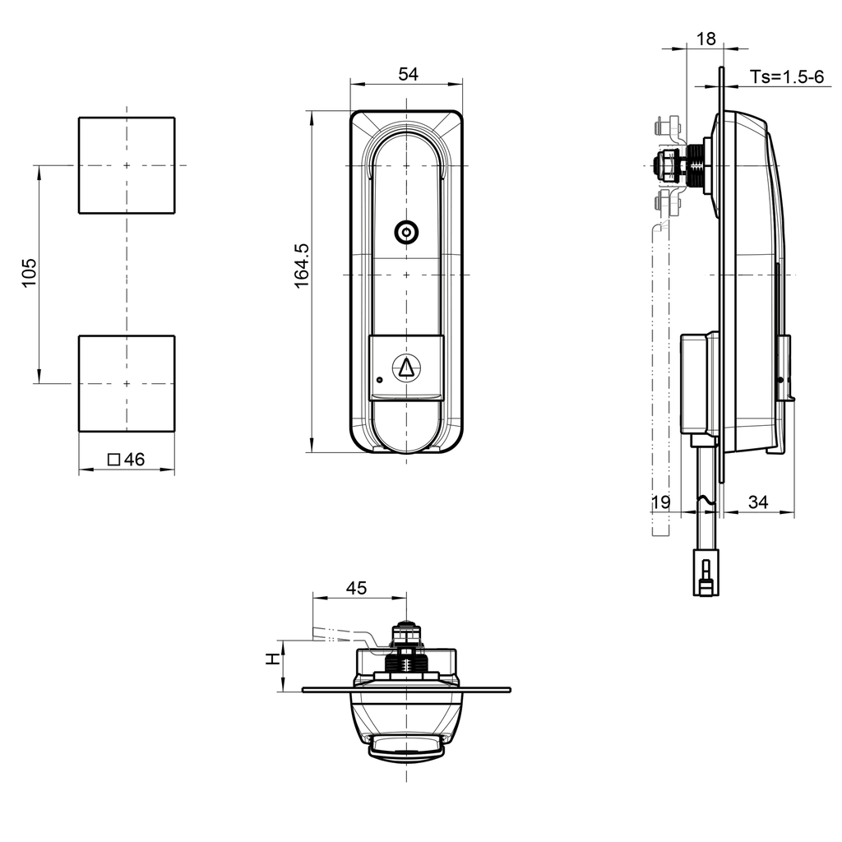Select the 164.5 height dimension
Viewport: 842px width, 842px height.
pos(302,265)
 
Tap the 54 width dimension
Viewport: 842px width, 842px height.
pos(408,74)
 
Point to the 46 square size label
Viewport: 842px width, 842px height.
pos(133,460)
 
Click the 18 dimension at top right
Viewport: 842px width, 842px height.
pos(706,39)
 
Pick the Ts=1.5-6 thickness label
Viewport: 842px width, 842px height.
pos(786,77)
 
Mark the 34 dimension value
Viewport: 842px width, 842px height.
pos(758,502)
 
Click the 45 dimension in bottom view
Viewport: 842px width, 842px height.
pos(356,588)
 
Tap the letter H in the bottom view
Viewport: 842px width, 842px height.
pos(271,659)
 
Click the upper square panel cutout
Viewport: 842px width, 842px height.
pos(127,165)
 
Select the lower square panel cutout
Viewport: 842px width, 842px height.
pos(127,383)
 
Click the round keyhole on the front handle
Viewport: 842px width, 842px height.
pos(406,234)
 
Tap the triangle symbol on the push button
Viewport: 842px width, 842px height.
pos(406,368)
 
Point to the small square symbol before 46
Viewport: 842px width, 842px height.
pos(113,460)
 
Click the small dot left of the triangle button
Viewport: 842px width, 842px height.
pos(379,380)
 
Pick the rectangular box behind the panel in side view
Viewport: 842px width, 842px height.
pos(700,382)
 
